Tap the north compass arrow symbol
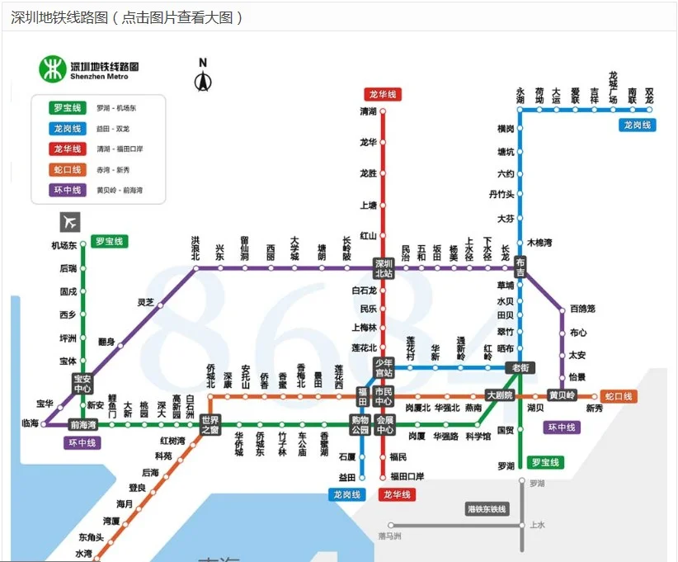pyautogui.click(x=203, y=76)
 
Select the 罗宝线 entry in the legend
pyautogui.click(x=68, y=108)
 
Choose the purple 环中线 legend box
pyautogui.click(x=68, y=190)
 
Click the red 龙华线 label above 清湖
pyautogui.click(x=381, y=95)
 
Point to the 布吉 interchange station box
pyautogui.click(x=520, y=267)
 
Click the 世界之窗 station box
pyautogui.click(x=210, y=425)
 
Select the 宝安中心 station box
pyautogui.click(x=82, y=384)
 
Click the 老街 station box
pyautogui.click(x=521, y=368)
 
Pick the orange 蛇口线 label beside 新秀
pyautogui.click(x=618, y=396)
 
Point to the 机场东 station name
pyautogui.click(x=64, y=246)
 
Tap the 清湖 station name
pyautogui.click(x=368, y=111)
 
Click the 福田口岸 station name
pyautogui.click(x=407, y=476)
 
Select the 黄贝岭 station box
pyautogui.click(x=563, y=395)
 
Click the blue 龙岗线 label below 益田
pyautogui.click(x=346, y=494)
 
